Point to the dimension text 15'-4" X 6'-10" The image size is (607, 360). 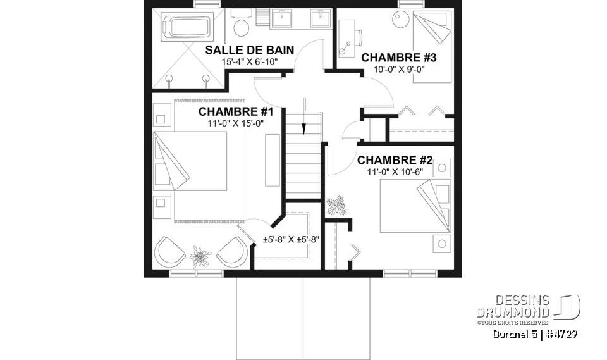tap(250, 62)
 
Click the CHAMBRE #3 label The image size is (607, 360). tap(399, 58)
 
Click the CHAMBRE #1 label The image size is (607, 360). tap(235, 112)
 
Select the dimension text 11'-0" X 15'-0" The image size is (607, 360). tap(235, 123)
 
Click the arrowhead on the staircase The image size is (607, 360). tap(304, 129)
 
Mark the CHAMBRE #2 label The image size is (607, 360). tap(395, 160)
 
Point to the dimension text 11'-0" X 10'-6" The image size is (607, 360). tap(395, 171)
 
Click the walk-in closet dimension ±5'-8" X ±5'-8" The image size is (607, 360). tap(291, 240)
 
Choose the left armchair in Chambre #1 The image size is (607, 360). tap(169, 251)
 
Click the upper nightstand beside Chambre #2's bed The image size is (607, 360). tap(440, 169)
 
